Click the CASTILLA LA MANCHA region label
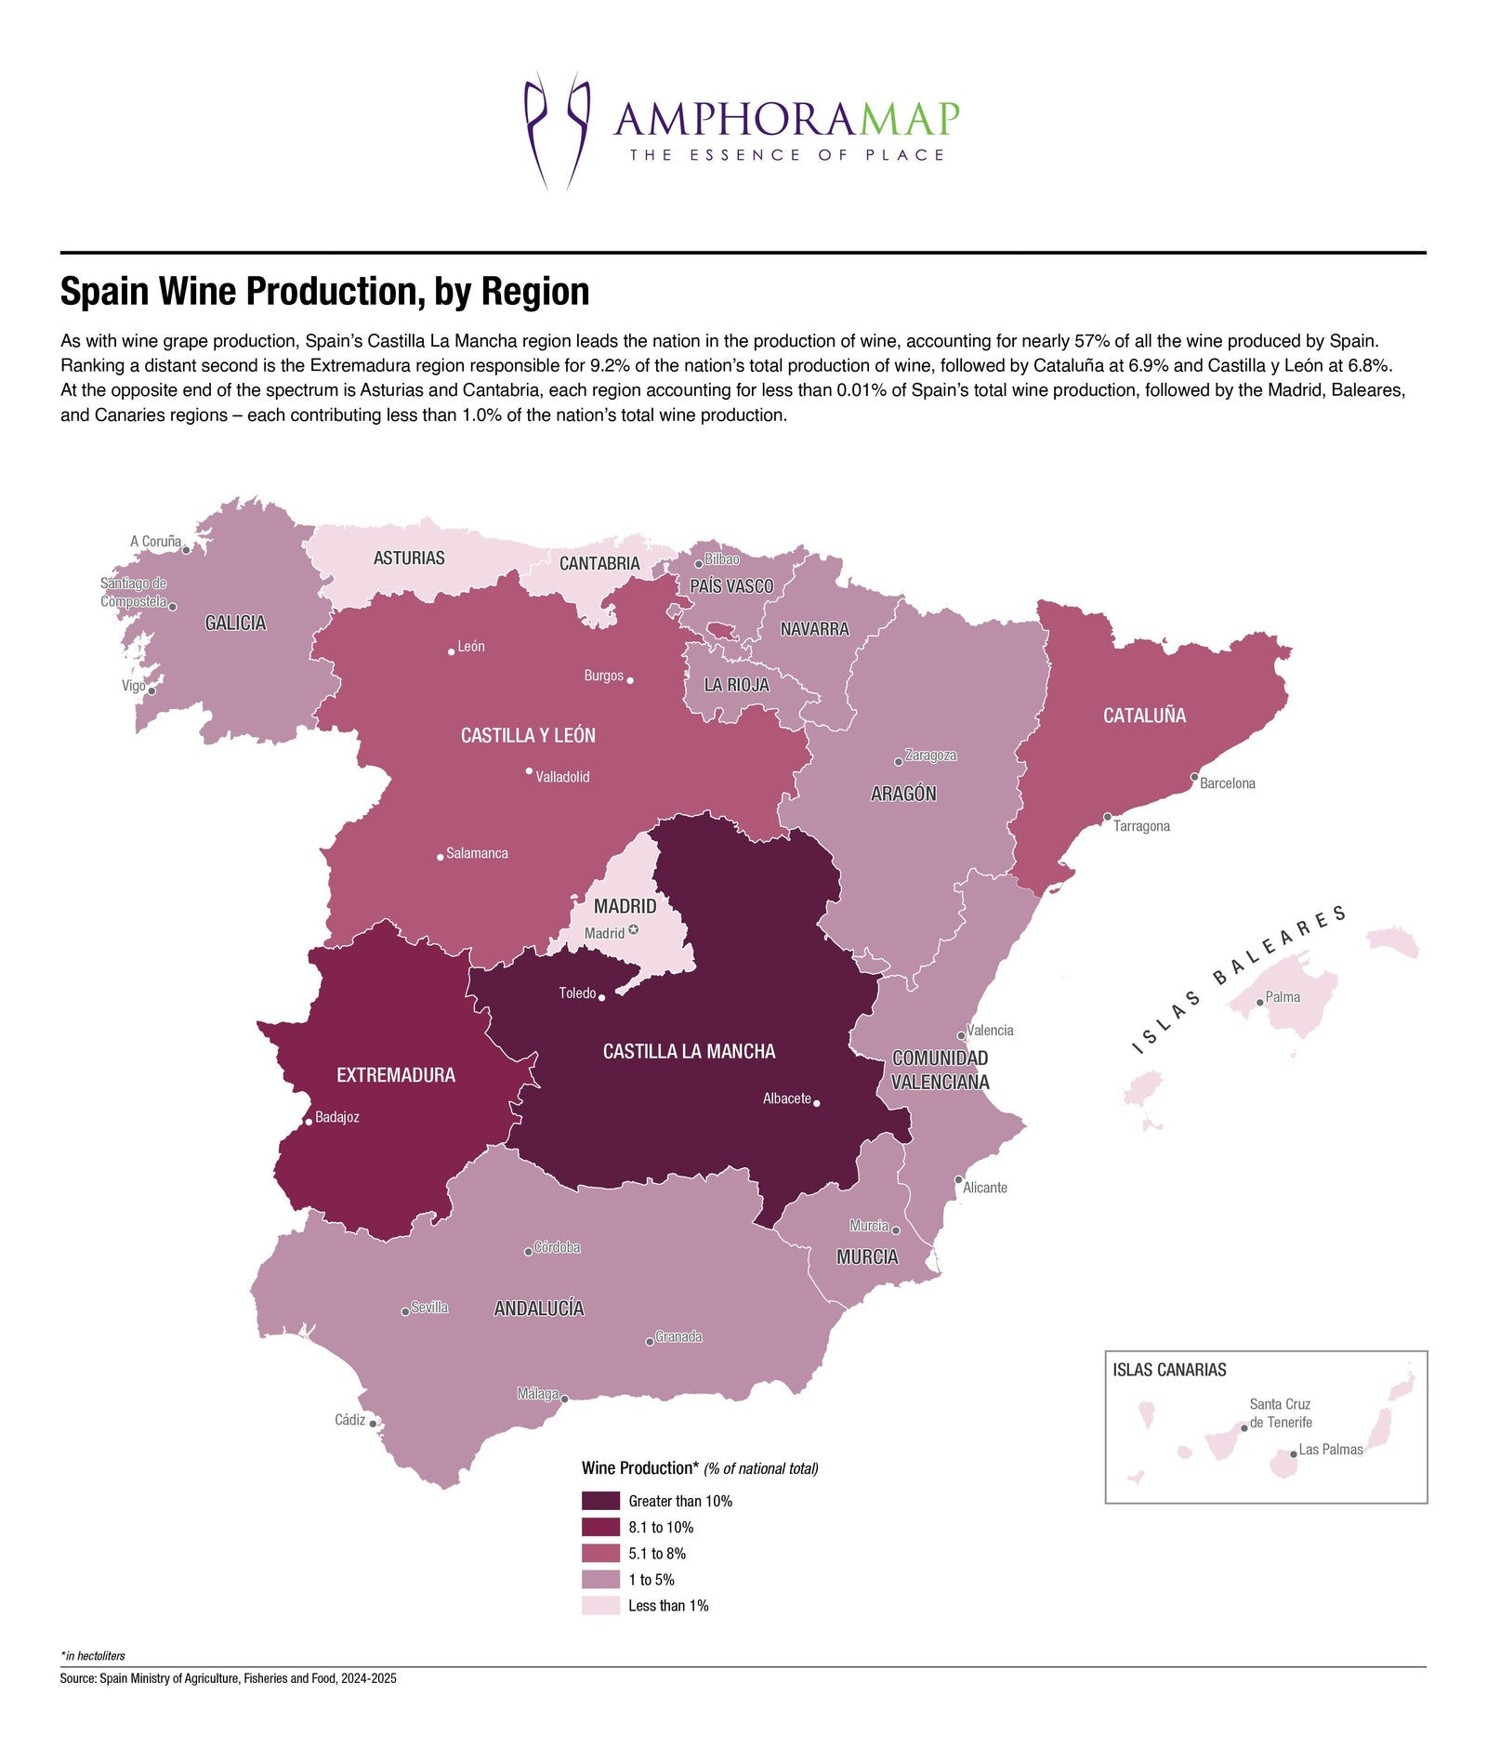[x=689, y=1051]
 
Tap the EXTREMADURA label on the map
[x=396, y=1075]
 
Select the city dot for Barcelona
[x=1194, y=777]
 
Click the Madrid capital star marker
[x=634, y=930]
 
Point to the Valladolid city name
[x=562, y=777]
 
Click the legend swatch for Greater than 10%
[x=600, y=1501]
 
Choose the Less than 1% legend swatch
[x=600, y=1606]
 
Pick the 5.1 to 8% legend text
[x=657, y=1554]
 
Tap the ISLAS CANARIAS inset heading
[x=1169, y=1370]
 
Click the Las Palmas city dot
[x=1293, y=1454]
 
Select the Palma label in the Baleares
[x=1283, y=997]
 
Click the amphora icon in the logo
[x=558, y=130]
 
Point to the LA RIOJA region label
[x=736, y=685]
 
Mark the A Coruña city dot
[x=186, y=550]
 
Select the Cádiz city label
[x=349, y=1420]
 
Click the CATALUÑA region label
[x=1144, y=716]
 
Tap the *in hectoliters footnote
[x=93, y=1656]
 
